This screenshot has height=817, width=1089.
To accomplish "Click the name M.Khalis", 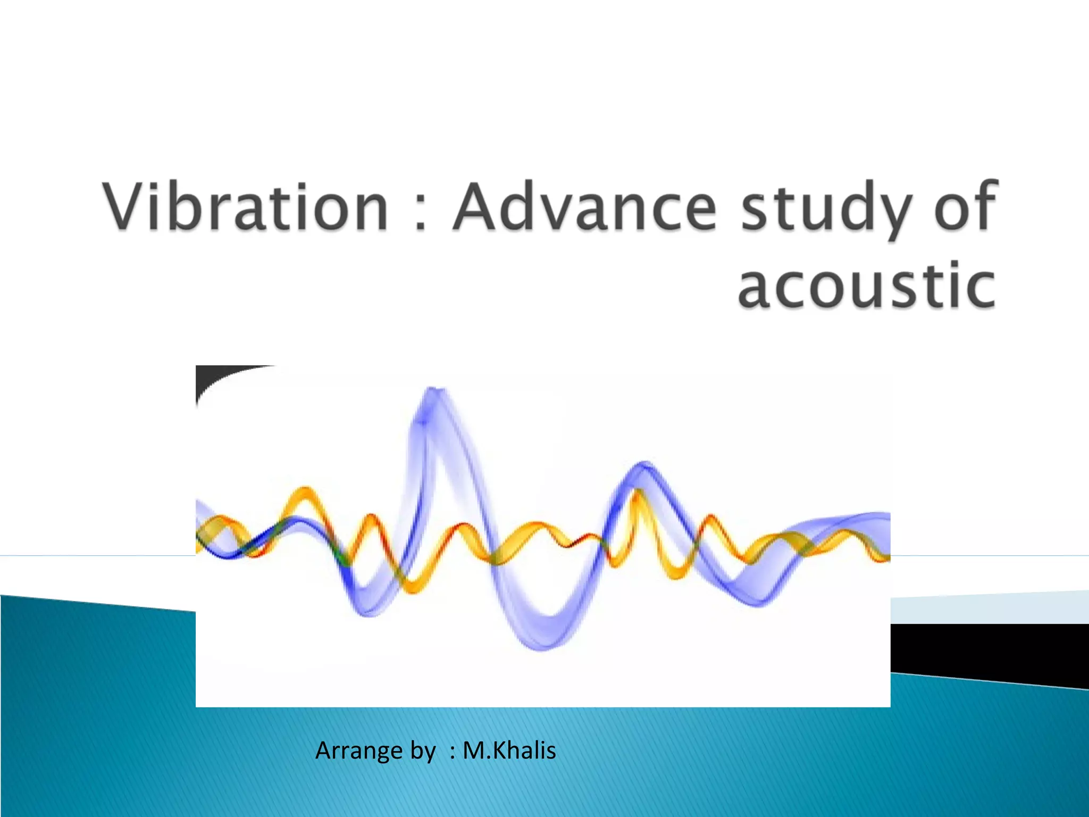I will [509, 751].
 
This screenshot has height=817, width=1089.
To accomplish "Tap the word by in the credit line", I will [423, 751].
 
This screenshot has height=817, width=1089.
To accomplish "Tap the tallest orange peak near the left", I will [305, 490].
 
